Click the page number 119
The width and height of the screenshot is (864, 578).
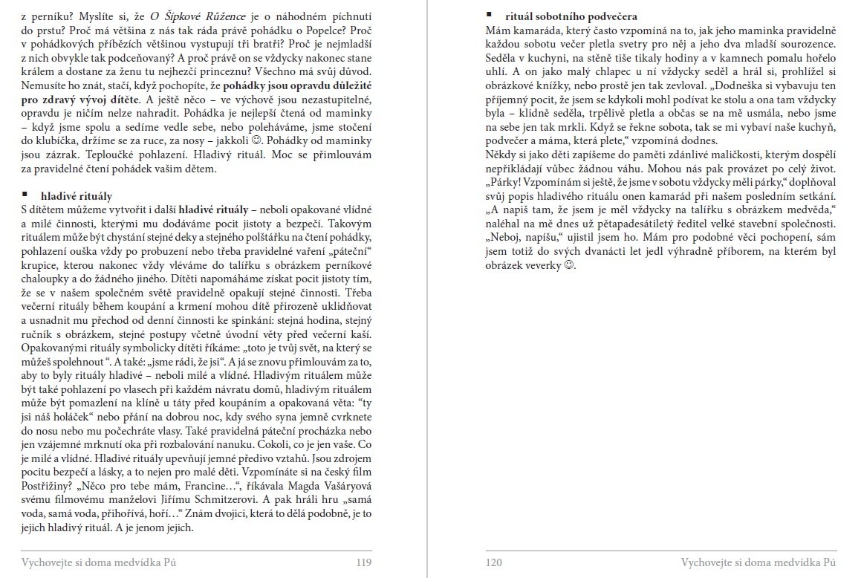point(363,562)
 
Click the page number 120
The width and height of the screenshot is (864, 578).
point(495,562)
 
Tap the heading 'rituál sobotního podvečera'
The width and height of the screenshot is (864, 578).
point(571,16)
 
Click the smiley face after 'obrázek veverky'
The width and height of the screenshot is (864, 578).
point(571,267)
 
